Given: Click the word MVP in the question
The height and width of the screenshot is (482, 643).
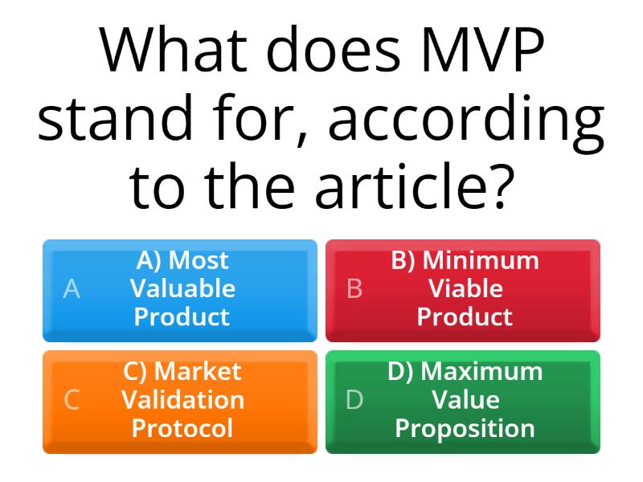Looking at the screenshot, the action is [x=483, y=50].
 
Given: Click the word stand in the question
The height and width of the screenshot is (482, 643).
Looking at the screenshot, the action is [x=115, y=118].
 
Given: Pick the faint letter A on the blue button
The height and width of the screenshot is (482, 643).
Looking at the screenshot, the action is [x=72, y=288].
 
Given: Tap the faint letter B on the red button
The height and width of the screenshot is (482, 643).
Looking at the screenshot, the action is [x=354, y=288].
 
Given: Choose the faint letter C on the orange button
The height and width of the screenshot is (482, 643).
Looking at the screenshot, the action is [x=72, y=399].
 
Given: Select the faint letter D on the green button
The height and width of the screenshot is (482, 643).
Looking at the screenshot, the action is [x=354, y=399].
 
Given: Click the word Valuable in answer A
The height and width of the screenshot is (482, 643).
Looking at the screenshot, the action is [x=182, y=288].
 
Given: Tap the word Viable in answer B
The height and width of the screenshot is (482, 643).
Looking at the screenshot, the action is [x=465, y=288].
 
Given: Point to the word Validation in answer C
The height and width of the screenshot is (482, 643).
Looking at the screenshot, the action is [x=183, y=399].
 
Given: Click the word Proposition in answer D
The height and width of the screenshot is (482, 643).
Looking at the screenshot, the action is [x=465, y=429].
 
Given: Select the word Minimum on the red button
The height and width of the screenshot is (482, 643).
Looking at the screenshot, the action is [x=481, y=259].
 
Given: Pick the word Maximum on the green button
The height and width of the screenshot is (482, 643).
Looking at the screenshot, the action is [x=481, y=371].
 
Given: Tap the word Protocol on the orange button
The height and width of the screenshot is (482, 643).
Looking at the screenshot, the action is [x=182, y=428].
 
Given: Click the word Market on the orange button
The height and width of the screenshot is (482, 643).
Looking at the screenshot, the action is [x=198, y=371].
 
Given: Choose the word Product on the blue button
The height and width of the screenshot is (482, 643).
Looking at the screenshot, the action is [x=182, y=317].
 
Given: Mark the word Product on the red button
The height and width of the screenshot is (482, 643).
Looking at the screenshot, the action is [x=465, y=317].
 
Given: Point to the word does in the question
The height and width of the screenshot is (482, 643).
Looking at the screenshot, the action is [x=334, y=49].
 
